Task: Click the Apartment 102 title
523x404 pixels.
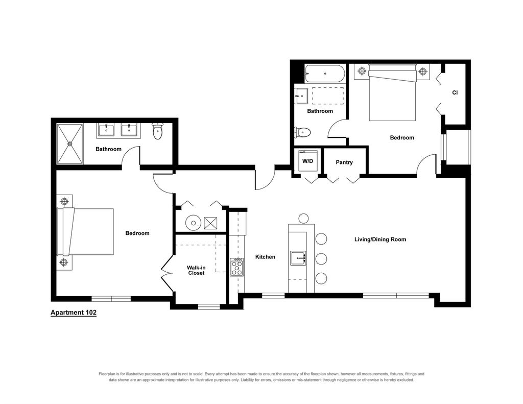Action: pyautogui.click(x=74, y=313)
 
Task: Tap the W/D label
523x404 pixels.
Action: pyautogui.click(x=307, y=161)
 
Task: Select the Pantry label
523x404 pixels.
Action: pyautogui.click(x=344, y=162)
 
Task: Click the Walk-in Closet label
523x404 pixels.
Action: pyautogui.click(x=196, y=270)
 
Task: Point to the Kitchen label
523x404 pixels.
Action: pyautogui.click(x=265, y=257)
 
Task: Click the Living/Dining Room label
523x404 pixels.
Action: pyautogui.click(x=380, y=239)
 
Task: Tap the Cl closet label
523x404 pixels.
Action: pyautogui.click(x=455, y=92)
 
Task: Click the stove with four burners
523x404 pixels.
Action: pyautogui.click(x=237, y=267)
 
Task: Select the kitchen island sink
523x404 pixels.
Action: pyautogui.click(x=298, y=258)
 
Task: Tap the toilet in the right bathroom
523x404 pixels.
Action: pyautogui.click(x=302, y=132)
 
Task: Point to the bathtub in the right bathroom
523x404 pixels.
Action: pyautogui.click(x=325, y=74)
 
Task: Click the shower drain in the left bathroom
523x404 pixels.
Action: pyautogui.click(x=69, y=144)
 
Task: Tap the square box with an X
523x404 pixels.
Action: pyautogui.click(x=210, y=223)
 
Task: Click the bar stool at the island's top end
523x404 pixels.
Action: pyautogui.click(x=303, y=219)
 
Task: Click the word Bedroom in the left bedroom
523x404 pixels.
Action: pyautogui.click(x=137, y=233)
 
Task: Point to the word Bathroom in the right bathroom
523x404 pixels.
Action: pyautogui.click(x=320, y=111)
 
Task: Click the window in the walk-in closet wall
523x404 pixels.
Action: pyautogui.click(x=209, y=306)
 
